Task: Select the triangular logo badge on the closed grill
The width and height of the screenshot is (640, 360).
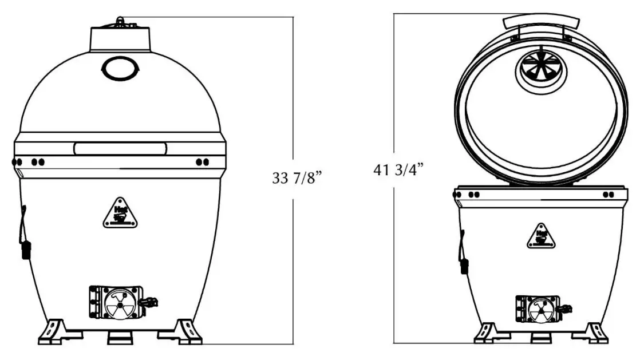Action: point(120,213)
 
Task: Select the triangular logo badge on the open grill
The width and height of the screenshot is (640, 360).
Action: point(541,236)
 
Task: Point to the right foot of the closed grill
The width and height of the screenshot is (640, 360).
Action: point(187,331)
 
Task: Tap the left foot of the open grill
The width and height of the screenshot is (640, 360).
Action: point(485,333)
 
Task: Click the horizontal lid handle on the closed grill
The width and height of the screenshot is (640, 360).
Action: point(120,149)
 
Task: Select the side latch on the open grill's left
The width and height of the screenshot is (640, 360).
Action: point(463,252)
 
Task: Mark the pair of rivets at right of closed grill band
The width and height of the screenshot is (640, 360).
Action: point(202,162)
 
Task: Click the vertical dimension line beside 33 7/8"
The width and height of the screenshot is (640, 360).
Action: point(293,86)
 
